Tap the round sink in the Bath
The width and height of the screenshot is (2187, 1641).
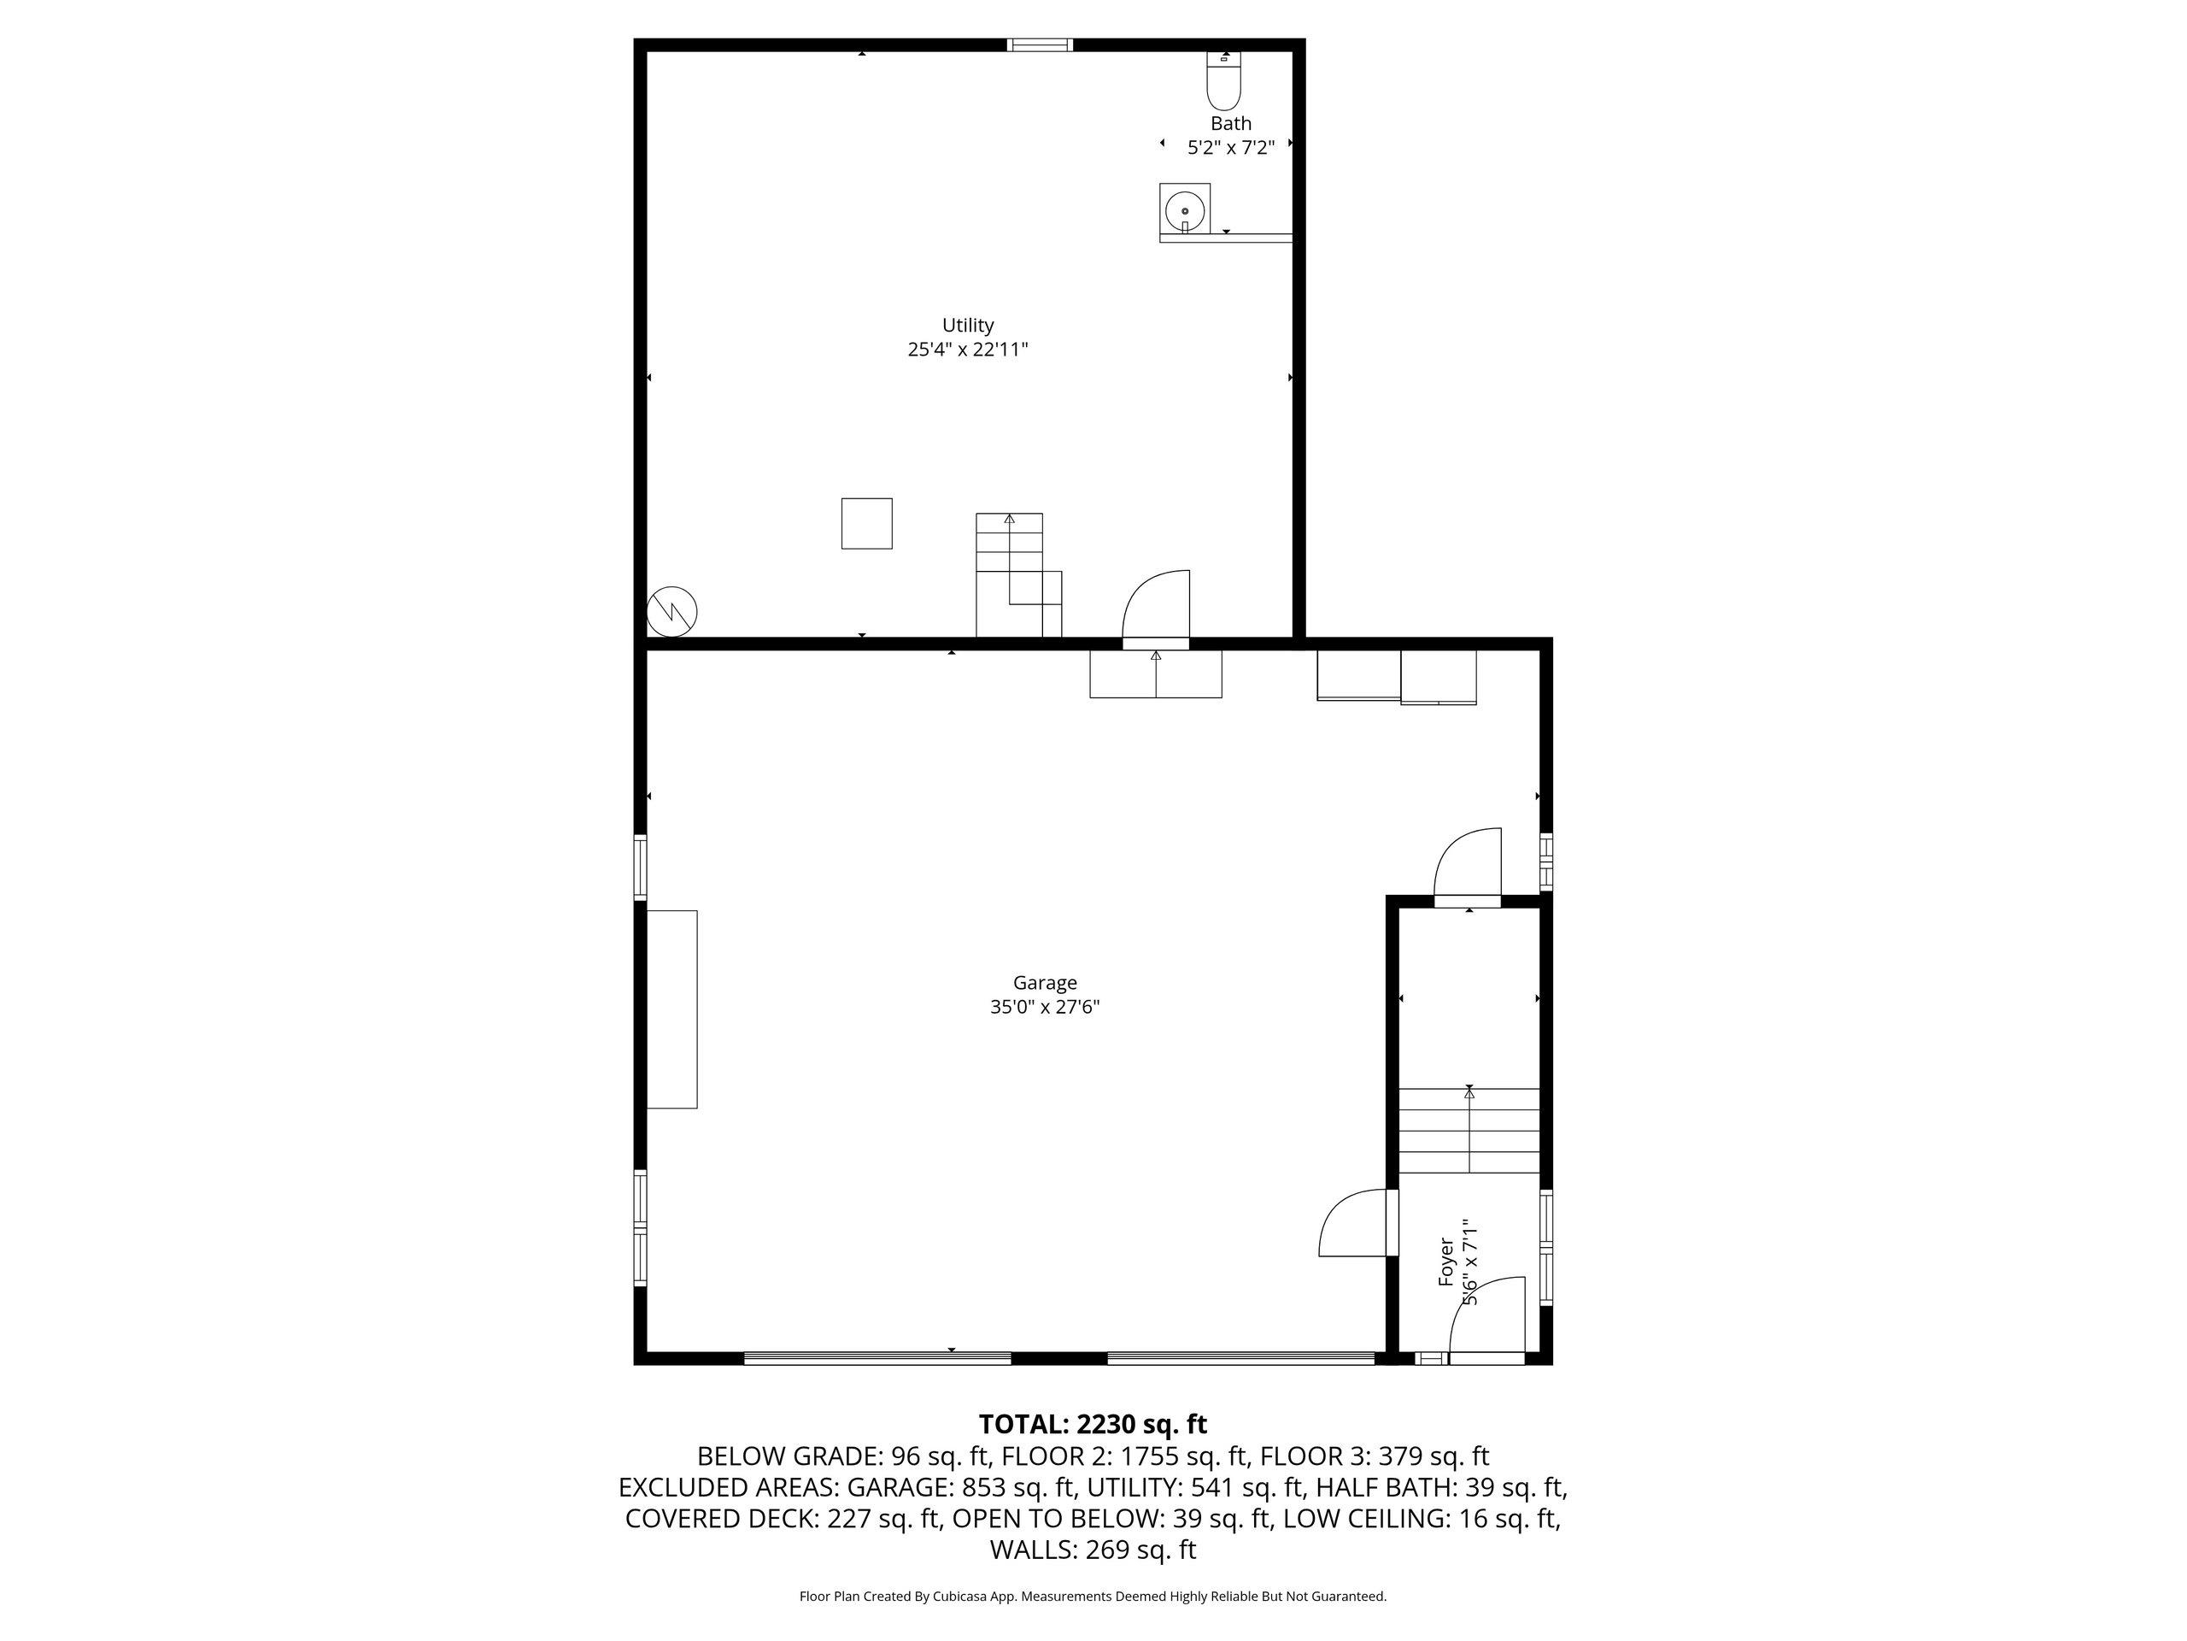1184,211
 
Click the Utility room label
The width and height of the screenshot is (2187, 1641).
968,325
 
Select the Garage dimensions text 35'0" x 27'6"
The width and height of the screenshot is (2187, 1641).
1045,1007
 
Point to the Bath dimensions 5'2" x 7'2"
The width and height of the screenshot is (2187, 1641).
1231,147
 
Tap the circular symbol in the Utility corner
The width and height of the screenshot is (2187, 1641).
671,611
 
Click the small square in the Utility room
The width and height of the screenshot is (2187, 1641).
867,523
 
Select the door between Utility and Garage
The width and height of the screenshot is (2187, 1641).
1156,609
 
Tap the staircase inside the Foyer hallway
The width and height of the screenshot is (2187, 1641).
1469,1131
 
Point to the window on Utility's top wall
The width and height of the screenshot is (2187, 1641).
1041,44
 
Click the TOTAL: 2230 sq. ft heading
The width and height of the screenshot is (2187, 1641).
1093,1425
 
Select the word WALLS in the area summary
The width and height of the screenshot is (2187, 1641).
1033,1550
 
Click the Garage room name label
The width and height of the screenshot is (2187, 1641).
1045,982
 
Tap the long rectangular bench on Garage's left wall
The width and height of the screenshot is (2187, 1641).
672,1009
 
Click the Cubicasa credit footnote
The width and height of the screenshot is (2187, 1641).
1093,1596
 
